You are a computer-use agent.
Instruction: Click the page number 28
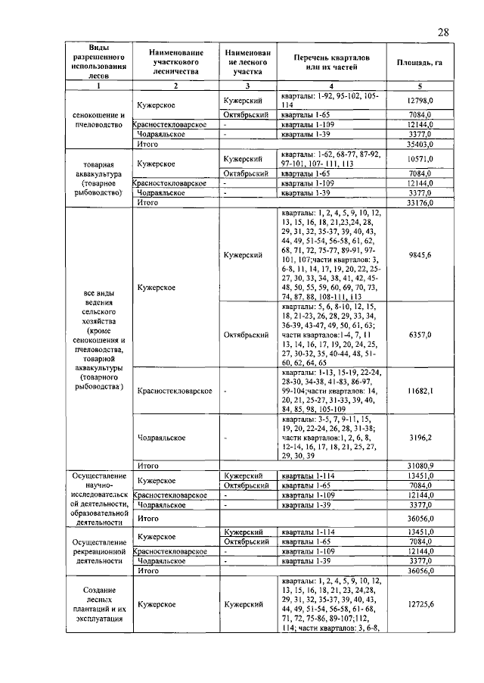(x=443, y=32)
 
